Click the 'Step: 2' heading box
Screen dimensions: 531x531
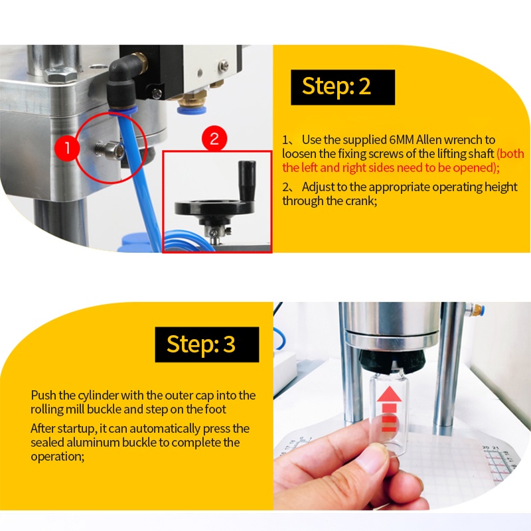point(342,87)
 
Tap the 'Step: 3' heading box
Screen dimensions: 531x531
point(207,344)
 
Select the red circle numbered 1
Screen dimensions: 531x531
point(67,148)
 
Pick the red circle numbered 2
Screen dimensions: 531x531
point(214,139)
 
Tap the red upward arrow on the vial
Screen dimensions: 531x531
point(389,409)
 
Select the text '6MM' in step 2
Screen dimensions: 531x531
point(402,140)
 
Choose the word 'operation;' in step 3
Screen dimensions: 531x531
point(58,457)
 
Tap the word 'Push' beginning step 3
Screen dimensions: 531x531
point(43,395)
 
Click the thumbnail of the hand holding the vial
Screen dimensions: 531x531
point(402,406)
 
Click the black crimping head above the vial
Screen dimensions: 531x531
point(392,360)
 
